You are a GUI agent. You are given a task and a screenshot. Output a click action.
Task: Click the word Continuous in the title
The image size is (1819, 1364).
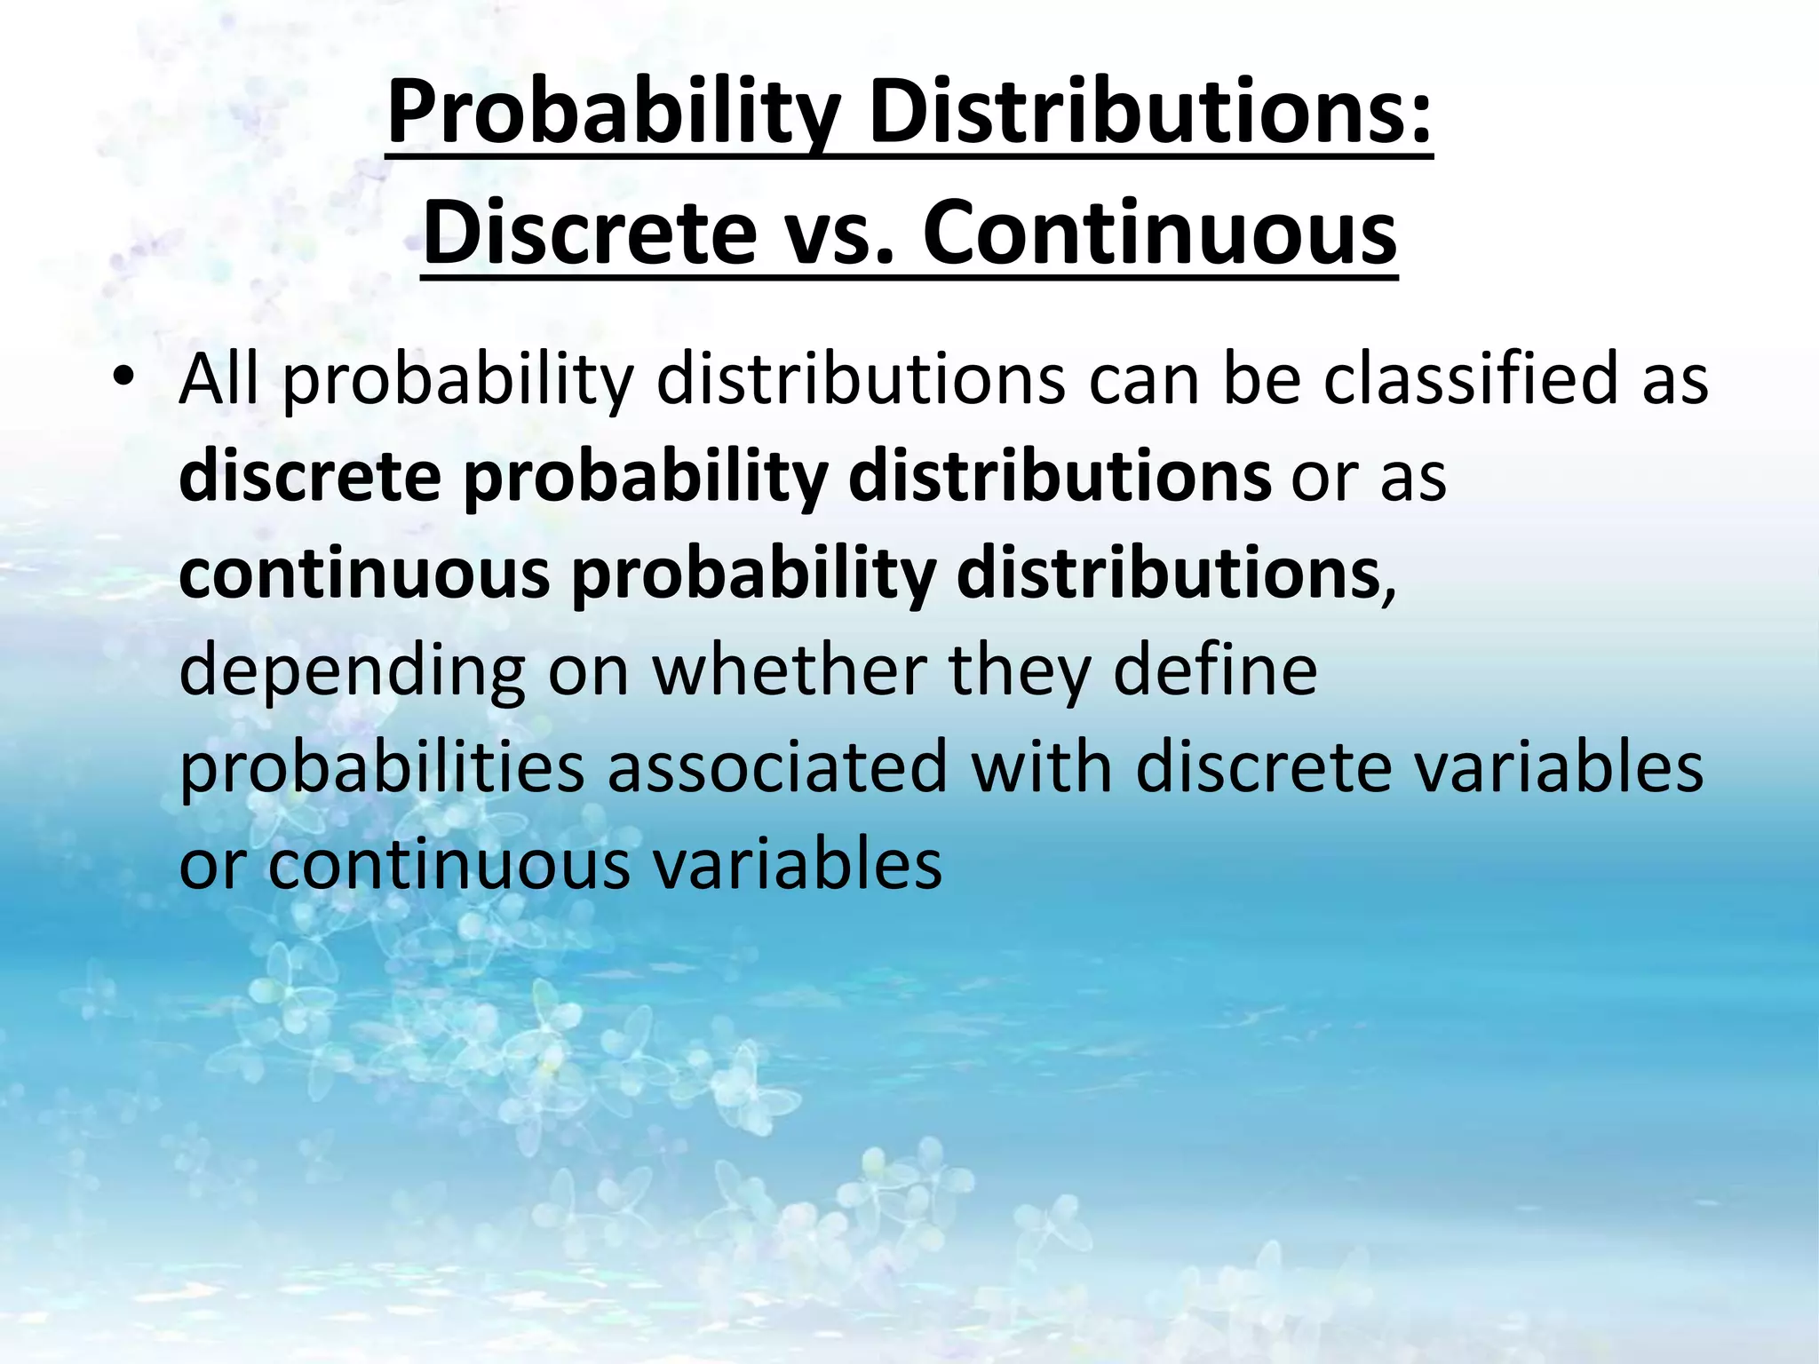(x=1160, y=233)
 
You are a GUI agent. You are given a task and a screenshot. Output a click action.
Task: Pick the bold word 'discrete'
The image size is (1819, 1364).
(x=310, y=478)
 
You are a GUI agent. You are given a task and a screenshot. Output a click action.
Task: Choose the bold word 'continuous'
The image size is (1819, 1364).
(x=364, y=575)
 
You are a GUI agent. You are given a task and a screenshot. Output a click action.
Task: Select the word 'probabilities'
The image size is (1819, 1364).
(x=382, y=769)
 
